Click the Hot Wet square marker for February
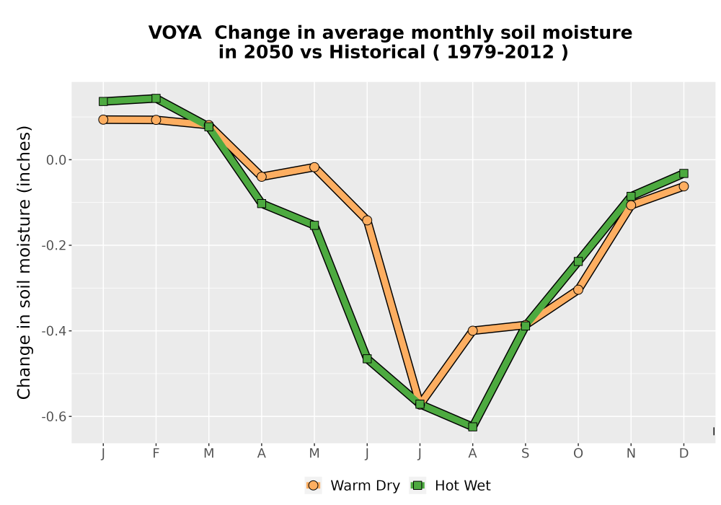click(x=156, y=98)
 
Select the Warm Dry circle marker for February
click(x=156, y=120)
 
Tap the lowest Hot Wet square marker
click(x=472, y=426)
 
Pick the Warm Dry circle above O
click(x=578, y=289)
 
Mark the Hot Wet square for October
click(x=578, y=261)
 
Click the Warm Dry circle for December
click(x=684, y=186)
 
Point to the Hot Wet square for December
click(x=684, y=173)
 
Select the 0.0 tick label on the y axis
click(x=56, y=160)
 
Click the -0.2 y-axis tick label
click(x=54, y=245)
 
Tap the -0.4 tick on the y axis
click(x=54, y=331)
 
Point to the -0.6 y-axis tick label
click(x=54, y=417)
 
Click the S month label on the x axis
click(x=525, y=454)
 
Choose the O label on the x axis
click(x=578, y=454)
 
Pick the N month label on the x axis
click(x=631, y=454)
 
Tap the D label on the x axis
click(x=684, y=454)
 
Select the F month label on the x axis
click(x=156, y=454)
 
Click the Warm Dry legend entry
click(x=353, y=486)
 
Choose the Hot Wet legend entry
click(x=450, y=486)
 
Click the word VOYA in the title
click(x=175, y=32)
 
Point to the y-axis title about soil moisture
click(x=24, y=263)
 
